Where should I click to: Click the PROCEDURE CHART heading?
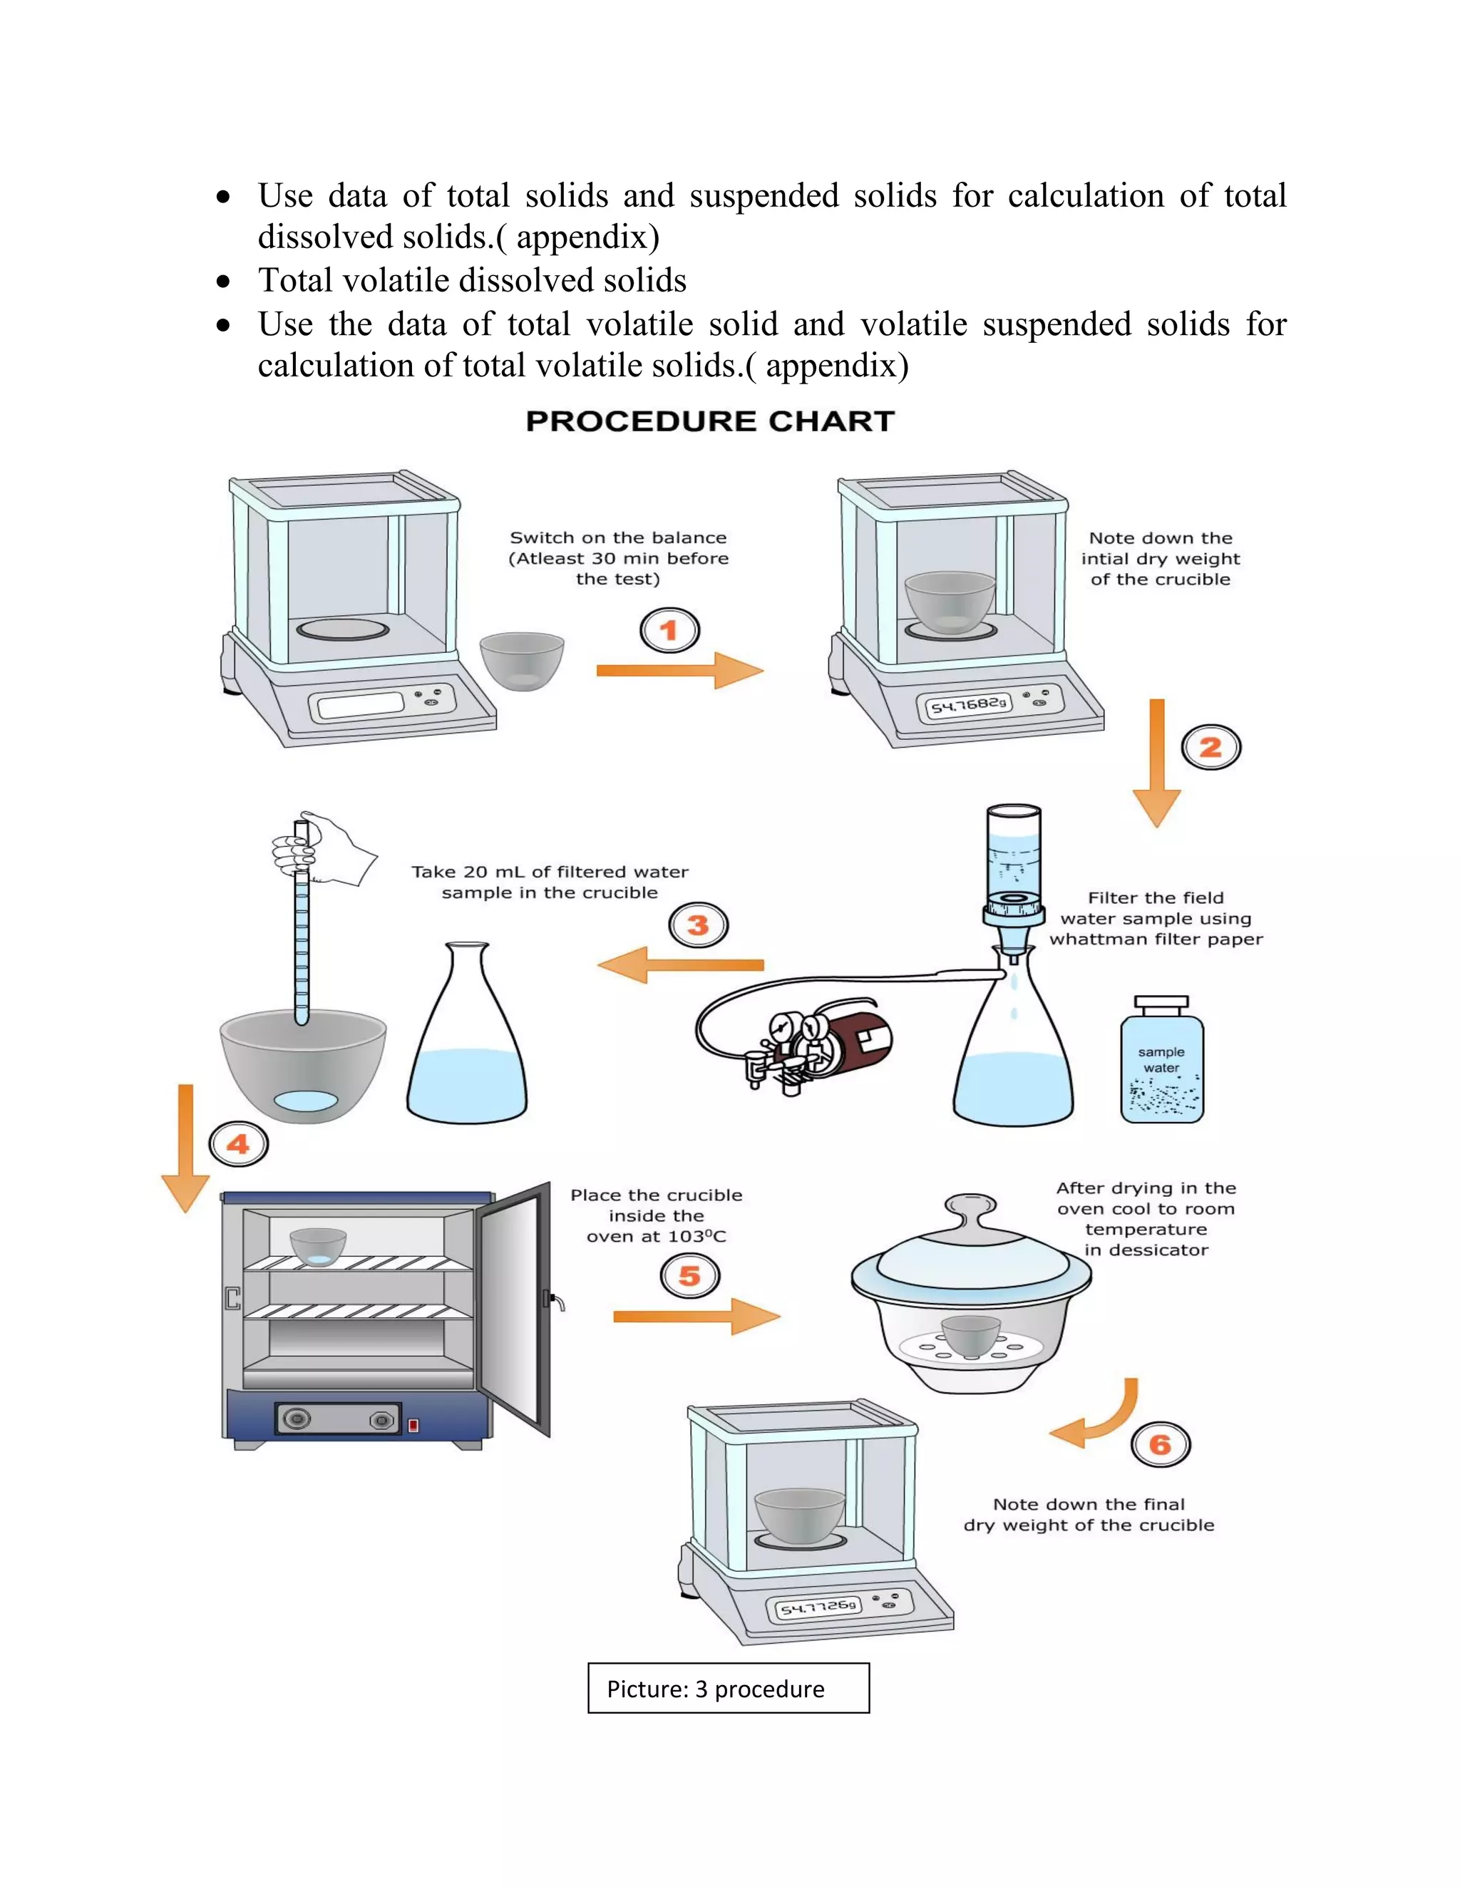click(709, 421)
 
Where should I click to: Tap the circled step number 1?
click(669, 631)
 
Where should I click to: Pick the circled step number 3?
click(698, 925)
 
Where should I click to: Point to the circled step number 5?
click(689, 1276)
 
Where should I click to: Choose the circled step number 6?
click(1160, 1444)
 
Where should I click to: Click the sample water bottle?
click(1161, 1064)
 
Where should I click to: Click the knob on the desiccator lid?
click(970, 1207)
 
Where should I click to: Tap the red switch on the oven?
click(413, 1424)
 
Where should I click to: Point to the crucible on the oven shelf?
click(317, 1246)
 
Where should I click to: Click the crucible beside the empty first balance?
click(522, 661)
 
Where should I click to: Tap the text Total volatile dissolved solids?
click(472, 280)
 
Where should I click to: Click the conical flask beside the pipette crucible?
click(467, 1038)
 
